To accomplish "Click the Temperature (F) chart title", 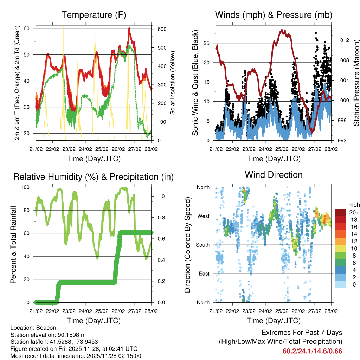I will (x=94, y=15).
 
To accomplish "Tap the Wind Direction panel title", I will (x=274, y=174).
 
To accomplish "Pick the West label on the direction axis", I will (x=203, y=216).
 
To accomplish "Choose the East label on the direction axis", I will (x=204, y=274).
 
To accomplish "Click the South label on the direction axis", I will (x=202, y=245).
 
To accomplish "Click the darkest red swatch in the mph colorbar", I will (x=340, y=212).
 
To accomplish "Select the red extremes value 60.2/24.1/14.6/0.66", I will (x=312, y=351).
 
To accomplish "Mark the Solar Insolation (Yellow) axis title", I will (x=173, y=83).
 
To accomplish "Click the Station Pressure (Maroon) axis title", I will (x=356, y=83).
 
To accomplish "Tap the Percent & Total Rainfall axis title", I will (x=13, y=245).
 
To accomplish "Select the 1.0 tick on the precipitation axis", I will (x=161, y=196).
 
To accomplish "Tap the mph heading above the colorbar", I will (x=353, y=205).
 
